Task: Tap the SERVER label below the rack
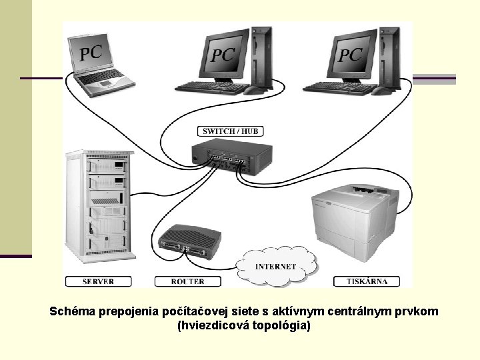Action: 99,281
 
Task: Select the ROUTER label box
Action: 187,281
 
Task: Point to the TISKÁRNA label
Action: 367,281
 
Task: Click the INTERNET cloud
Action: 275,267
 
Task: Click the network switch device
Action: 231,159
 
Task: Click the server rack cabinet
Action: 99,206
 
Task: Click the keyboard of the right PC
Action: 339,87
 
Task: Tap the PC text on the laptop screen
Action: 91,52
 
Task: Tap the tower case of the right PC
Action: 390,56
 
